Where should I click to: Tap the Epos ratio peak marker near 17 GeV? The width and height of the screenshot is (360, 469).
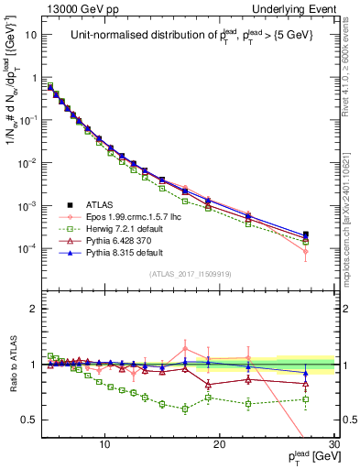pyautogui.click(x=185, y=348)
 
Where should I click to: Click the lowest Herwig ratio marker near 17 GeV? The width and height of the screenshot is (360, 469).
pyautogui.click(x=185, y=409)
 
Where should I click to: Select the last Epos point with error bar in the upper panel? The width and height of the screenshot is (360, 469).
pyautogui.click(x=305, y=250)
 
